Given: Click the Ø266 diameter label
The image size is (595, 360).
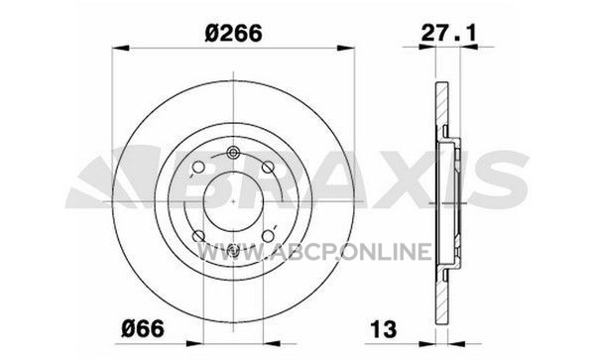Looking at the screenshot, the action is tap(233, 33).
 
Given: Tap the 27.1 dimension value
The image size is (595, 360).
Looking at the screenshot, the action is tap(448, 34).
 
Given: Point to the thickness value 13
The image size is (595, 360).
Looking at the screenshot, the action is tap(383, 328).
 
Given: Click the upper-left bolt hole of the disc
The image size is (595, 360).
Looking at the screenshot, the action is tap(198, 167).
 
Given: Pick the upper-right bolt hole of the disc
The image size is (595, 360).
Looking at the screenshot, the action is tap(268, 167).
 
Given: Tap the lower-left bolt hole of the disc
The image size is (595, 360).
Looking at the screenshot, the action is tap(198, 236).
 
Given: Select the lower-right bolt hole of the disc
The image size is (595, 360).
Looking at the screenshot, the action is tap(268, 236).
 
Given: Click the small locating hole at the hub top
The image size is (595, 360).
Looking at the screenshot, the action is tap(233, 153).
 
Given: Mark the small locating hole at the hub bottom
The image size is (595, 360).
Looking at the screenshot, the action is tap(233, 250).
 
